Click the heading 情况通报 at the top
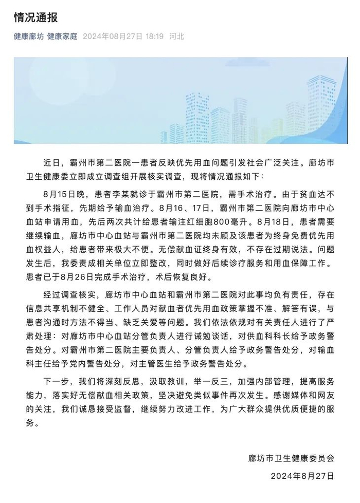point(35,17)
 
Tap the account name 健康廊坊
point(28,36)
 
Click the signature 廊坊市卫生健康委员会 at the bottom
point(291,457)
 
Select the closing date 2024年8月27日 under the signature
point(302,476)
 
